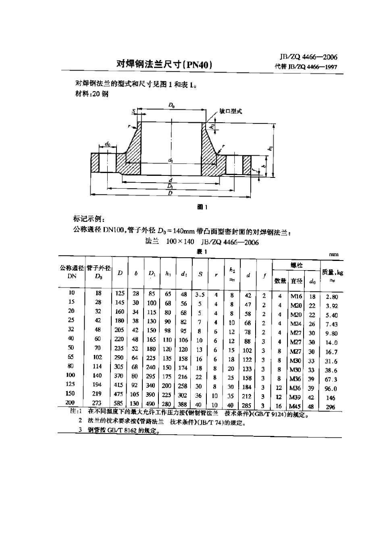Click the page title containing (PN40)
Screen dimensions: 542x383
click(x=164, y=64)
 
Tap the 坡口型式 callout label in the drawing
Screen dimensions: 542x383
click(x=231, y=111)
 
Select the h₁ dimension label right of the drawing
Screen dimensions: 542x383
click(x=270, y=148)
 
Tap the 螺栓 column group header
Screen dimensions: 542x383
click(x=296, y=265)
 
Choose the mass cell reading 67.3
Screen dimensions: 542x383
click(x=331, y=379)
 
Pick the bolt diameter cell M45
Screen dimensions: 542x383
click(x=296, y=406)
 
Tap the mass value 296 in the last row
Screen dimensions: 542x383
click(x=331, y=407)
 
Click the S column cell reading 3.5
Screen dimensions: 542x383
click(x=200, y=295)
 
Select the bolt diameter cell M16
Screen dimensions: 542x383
click(x=296, y=296)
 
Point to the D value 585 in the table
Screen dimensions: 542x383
click(x=119, y=403)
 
